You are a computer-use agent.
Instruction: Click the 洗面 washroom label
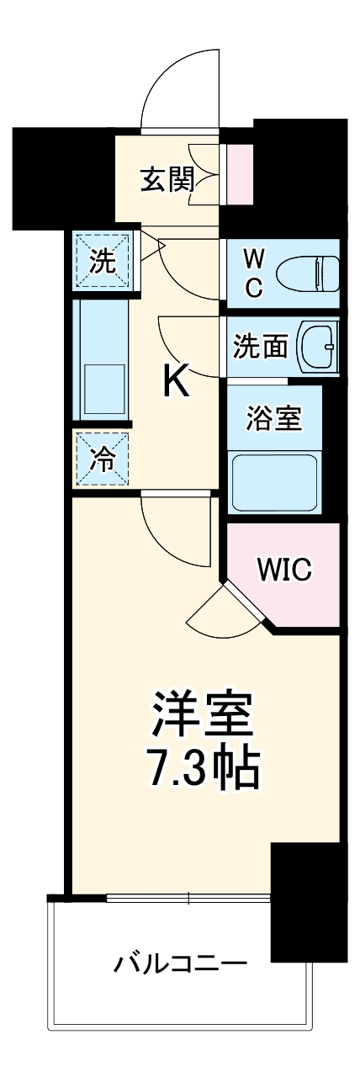260,346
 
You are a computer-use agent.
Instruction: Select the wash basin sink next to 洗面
320,346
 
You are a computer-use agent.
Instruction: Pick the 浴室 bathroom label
273,418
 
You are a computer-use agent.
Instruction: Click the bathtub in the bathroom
274,483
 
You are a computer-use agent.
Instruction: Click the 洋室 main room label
201,716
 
